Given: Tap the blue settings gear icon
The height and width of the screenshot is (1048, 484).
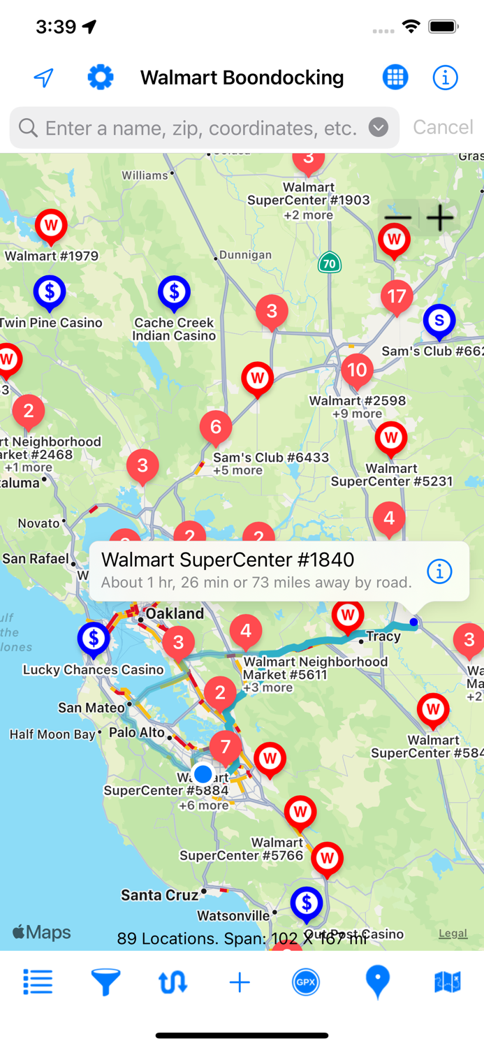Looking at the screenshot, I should point(101,77).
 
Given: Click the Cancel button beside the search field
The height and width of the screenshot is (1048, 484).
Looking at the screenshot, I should point(443,127).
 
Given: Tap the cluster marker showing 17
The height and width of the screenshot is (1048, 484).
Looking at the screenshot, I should point(397,297).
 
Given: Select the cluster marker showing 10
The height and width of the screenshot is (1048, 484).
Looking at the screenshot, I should point(357,370).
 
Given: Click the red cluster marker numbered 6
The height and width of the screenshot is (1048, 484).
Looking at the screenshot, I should point(215,427).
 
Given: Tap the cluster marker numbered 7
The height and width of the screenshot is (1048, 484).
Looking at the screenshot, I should point(225,747).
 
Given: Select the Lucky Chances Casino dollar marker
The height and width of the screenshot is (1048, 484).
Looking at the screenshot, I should point(93,638).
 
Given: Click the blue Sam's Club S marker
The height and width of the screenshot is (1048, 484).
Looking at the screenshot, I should point(439,320).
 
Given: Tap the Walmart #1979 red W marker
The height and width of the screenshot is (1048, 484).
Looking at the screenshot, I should point(50,226).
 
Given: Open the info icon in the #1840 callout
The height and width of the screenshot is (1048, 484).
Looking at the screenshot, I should point(439,572).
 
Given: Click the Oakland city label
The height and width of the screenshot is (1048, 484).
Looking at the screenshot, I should point(175,613).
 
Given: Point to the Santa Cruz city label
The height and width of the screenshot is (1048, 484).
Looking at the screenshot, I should point(160,895).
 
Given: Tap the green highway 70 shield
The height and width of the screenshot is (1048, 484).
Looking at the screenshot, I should point(329,263).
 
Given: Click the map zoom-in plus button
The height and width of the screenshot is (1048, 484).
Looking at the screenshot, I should point(440,219).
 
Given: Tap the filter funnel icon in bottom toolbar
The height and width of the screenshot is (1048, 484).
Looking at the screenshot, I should point(105,982).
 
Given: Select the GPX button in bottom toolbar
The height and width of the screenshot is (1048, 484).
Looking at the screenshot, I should point(306,982).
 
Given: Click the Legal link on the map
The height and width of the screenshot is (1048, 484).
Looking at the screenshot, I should point(453,933).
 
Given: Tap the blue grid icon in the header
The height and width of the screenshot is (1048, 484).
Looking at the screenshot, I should point(395,77).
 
